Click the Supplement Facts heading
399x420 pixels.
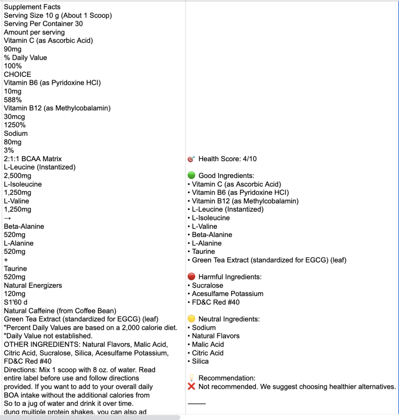point(32,7)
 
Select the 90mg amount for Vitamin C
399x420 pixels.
point(12,49)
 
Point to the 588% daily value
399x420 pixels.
point(13,100)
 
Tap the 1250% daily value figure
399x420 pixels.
point(15,125)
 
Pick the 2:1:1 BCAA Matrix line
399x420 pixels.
point(33,159)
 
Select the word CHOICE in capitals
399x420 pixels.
point(18,74)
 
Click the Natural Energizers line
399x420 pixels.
point(33,285)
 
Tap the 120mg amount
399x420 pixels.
point(14,294)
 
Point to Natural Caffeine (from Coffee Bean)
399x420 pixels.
point(60,310)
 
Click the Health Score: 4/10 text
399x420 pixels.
point(228,159)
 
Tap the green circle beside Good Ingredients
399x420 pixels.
point(191,176)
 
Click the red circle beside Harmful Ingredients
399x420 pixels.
point(191,277)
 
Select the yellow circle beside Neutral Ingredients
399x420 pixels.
point(191,319)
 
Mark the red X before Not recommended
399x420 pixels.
point(191,386)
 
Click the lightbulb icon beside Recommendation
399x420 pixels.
point(191,378)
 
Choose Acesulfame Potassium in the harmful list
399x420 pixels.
point(228,294)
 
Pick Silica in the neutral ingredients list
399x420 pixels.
point(200,361)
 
